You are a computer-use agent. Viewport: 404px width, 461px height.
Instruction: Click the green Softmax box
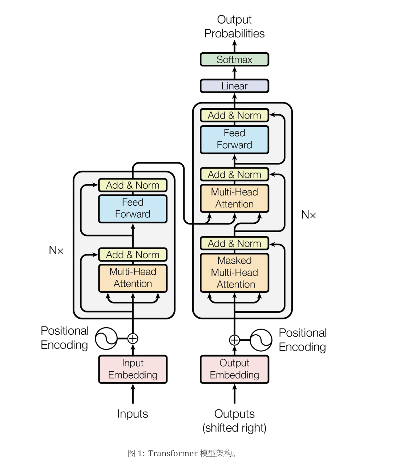click(234, 60)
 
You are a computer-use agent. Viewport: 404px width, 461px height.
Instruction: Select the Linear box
click(234, 86)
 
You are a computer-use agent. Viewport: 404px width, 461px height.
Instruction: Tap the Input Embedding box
click(133, 369)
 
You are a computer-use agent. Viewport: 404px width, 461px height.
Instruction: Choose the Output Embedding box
click(234, 369)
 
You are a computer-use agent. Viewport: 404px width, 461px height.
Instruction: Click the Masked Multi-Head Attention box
click(234, 272)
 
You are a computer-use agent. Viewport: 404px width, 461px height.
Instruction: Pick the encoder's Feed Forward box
click(133, 209)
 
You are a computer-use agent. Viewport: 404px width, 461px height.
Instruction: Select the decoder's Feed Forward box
click(234, 139)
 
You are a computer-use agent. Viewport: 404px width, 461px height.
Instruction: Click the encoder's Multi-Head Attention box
click(133, 278)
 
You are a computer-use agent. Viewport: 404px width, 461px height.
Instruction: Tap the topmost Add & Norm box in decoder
click(234, 116)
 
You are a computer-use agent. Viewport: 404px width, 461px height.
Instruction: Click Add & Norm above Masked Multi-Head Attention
click(234, 243)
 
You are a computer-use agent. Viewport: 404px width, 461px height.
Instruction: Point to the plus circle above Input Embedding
click(133, 339)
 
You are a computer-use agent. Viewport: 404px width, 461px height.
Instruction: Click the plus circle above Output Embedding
click(235, 340)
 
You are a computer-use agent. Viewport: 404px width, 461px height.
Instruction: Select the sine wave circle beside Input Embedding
click(106, 339)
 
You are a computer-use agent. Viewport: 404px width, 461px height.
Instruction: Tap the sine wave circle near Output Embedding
click(261, 340)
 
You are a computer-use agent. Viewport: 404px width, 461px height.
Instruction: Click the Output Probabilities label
click(234, 27)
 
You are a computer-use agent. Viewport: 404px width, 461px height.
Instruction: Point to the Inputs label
click(133, 414)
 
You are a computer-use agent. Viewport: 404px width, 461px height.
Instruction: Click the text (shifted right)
click(234, 428)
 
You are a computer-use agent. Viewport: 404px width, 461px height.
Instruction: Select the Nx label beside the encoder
click(56, 250)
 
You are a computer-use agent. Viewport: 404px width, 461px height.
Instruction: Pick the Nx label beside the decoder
click(308, 215)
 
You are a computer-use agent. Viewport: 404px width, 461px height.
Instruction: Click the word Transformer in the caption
click(173, 453)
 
